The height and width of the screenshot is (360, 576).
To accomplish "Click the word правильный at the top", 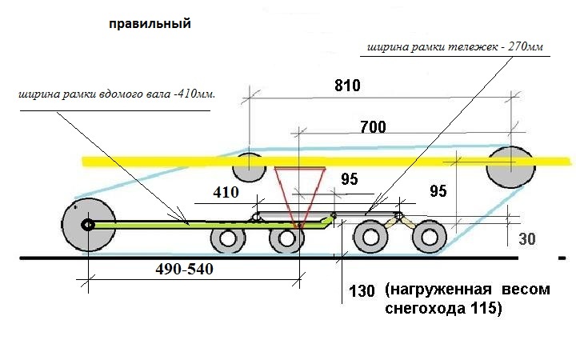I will pos(150,24).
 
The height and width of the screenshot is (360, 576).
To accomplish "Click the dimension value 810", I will pos(349,85).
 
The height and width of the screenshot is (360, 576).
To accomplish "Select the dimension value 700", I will pos(373,126).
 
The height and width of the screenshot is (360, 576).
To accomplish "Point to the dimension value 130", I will pos(362,290).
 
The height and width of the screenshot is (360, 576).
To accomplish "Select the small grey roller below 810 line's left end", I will pos(248,169).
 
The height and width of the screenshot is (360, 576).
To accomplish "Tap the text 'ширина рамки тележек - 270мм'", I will pos(454,48).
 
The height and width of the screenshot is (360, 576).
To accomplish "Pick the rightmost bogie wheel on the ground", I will pos(430,238).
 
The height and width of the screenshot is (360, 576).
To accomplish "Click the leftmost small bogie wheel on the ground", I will pos(230,240).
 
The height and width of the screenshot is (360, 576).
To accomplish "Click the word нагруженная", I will pos(437,290).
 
